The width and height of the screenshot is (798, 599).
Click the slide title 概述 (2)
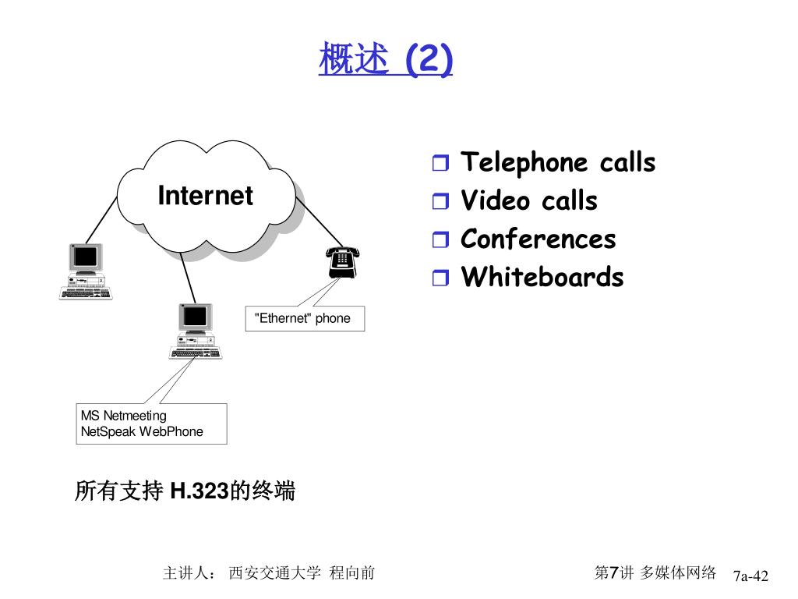tap(385, 59)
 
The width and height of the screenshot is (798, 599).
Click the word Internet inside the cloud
tap(205, 195)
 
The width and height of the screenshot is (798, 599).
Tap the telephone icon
tap(342, 261)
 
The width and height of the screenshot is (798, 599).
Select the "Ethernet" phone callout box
tap(305, 318)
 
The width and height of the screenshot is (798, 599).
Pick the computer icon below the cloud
tap(195, 331)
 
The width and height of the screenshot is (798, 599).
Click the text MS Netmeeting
tap(123, 416)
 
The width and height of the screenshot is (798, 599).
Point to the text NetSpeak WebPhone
tap(142, 432)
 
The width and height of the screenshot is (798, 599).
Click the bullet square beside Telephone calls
tap(440, 165)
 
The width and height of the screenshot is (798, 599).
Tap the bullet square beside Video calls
tap(440, 203)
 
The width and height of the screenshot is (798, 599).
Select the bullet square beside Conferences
tap(440, 241)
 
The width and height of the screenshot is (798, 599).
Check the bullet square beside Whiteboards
tap(440, 278)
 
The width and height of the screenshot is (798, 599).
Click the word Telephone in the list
tap(524, 163)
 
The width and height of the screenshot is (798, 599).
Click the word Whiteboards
tap(542, 278)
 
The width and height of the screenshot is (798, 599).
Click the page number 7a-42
tap(750, 576)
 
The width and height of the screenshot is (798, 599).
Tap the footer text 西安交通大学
tap(274, 573)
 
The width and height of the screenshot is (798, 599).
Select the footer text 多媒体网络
tap(678, 573)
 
